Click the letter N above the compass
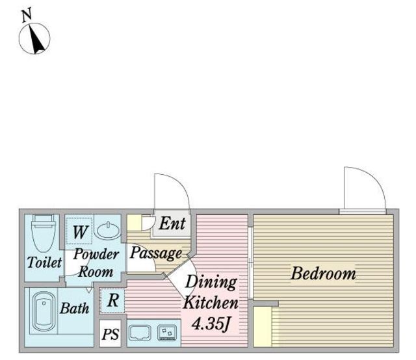pyautogui.click(x=27, y=15)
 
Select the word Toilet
pyautogui.click(x=44, y=263)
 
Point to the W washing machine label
pyautogui.click(x=80, y=232)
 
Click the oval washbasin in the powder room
pyautogui.click(x=109, y=230)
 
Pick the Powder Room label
pyautogui.click(x=96, y=263)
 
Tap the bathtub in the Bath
pyautogui.click(x=44, y=312)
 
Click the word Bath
pyautogui.click(x=75, y=308)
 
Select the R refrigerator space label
pyautogui.click(x=113, y=301)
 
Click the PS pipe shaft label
pyautogui.click(x=110, y=334)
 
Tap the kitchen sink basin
pyautogui.click(x=140, y=333)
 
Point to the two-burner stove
pyautogui.click(x=167, y=333)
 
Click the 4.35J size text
pyautogui.click(x=211, y=324)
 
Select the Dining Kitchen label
pyautogui.click(x=211, y=292)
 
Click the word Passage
pyautogui.click(x=156, y=253)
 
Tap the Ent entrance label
pyautogui.click(x=172, y=224)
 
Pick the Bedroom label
pyautogui.click(x=323, y=274)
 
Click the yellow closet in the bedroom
pyautogui.click(x=263, y=327)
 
